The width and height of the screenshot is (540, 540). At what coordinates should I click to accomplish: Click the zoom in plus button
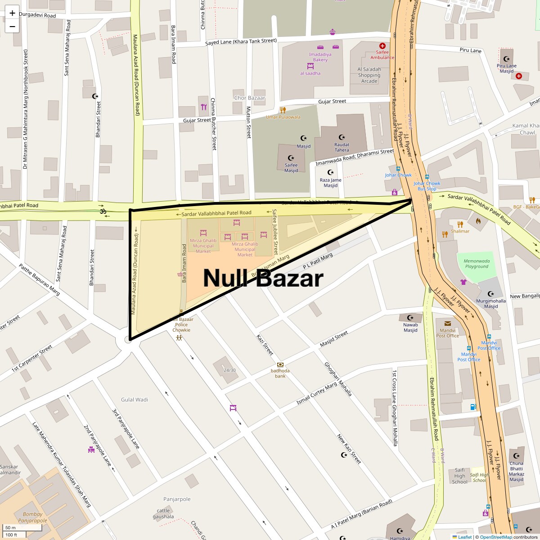12,13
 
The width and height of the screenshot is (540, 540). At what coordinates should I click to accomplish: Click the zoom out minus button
12,26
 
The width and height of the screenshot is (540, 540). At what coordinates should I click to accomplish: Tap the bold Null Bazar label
263,278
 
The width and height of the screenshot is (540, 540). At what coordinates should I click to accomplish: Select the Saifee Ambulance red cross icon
382,46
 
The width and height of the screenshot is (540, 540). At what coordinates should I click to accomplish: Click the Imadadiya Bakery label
320,57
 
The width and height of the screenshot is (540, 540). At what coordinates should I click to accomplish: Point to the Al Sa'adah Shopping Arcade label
369,75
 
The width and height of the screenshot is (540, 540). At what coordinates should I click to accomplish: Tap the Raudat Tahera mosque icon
342,137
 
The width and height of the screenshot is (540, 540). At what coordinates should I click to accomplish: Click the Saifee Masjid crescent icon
291,158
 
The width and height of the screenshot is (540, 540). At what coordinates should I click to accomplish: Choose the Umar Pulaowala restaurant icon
283,110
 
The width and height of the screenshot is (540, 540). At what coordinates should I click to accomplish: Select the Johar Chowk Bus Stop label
427,186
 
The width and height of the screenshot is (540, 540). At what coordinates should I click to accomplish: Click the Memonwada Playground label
477,263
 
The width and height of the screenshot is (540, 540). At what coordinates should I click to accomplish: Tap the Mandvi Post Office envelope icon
447,324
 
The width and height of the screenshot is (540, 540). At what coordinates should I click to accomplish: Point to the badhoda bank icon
280,364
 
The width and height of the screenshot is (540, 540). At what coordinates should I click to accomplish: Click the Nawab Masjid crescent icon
410,318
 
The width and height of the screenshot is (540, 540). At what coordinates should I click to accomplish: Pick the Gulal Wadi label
134,400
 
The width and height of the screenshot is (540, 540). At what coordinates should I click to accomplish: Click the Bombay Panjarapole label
35,517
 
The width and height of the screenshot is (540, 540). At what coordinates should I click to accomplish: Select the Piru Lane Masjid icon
507,59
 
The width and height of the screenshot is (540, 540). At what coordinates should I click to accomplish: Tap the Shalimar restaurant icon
460,224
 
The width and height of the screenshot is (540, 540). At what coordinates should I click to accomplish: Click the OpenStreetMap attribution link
495,537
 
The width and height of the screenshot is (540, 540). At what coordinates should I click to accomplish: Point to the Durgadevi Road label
37,16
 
